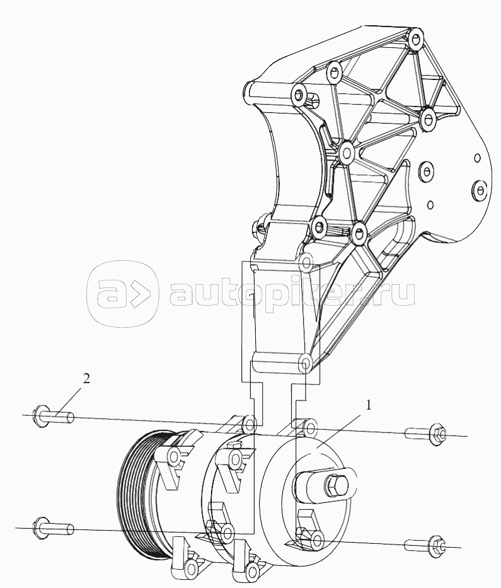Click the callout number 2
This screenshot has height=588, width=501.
(x=86, y=379)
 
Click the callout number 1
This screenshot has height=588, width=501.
(x=369, y=405)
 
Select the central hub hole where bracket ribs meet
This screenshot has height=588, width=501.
(x=346, y=153)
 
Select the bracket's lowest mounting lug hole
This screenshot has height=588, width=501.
(x=306, y=362)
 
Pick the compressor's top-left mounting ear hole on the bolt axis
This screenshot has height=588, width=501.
(x=250, y=424)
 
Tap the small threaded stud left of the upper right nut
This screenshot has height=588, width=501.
(x=417, y=433)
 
